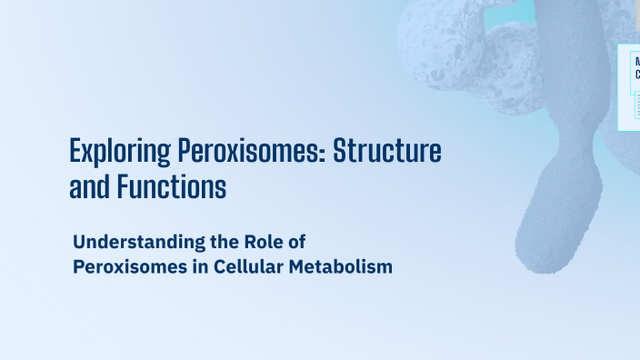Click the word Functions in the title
pos(170,187)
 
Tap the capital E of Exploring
pos(76,150)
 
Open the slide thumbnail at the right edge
pos(629,86)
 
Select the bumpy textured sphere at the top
pos(441,41)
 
